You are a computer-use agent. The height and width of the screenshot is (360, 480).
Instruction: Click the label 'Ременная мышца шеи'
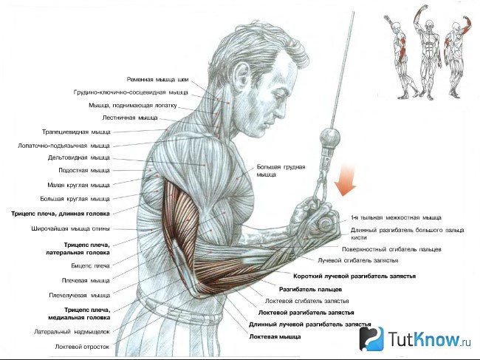tap(157, 80)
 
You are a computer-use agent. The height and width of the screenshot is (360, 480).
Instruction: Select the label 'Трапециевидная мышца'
tap(76, 132)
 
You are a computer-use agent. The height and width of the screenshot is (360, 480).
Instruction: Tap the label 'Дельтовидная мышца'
tap(79, 157)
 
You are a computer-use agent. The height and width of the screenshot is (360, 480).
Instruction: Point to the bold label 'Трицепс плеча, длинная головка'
tap(61, 214)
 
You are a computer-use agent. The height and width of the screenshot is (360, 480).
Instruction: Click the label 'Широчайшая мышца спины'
tap(70, 228)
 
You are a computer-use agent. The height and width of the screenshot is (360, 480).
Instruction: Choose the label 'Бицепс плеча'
tap(90, 265)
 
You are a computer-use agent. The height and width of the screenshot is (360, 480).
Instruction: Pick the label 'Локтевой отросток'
tap(82, 347)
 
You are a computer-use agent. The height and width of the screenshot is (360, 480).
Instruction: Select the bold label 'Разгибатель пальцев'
tap(310, 289)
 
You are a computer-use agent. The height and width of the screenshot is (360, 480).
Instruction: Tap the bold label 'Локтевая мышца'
tap(275, 337)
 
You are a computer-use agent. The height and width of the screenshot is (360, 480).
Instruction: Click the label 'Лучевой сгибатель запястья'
tap(358, 260)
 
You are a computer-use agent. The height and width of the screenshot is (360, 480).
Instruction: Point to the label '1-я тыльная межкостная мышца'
tap(396, 217)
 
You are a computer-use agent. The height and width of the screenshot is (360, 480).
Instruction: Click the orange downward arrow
tap(346, 180)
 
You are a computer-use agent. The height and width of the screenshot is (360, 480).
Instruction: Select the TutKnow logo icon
tap(371, 339)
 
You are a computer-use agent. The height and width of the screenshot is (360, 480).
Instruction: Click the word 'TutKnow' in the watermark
tap(424, 339)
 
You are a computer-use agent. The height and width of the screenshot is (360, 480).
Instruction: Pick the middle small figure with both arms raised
tap(428, 51)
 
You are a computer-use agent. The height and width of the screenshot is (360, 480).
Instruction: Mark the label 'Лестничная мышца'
tap(130, 118)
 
